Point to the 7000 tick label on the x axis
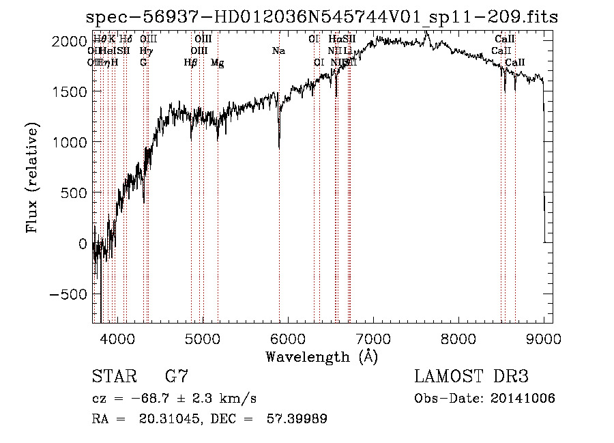[x=373, y=338]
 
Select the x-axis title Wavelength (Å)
[x=321, y=356]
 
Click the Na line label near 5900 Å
[x=278, y=51]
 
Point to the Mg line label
[x=218, y=63]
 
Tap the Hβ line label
[x=191, y=63]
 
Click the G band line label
[x=143, y=63]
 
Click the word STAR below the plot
[x=113, y=376]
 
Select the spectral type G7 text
[x=177, y=376]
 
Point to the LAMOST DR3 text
[x=471, y=376]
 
